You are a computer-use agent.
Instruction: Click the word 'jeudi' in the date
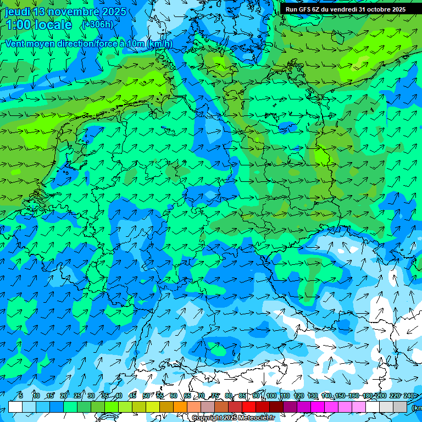[x=18, y=12]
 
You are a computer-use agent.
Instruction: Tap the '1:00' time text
[x=19, y=25]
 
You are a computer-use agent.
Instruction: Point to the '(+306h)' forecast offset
[x=98, y=25]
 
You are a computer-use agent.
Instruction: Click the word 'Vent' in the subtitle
[x=15, y=43]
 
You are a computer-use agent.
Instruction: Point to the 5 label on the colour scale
[x=21, y=396]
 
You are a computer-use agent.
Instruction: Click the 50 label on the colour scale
[x=146, y=396]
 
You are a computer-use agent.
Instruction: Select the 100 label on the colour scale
[x=271, y=396]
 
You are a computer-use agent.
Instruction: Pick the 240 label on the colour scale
[x=409, y=396]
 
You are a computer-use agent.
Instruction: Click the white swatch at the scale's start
[x=15, y=407]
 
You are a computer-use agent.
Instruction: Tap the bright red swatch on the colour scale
[x=249, y=407]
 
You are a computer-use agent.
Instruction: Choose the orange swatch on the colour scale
[x=180, y=407]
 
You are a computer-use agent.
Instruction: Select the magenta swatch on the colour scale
[x=318, y=407]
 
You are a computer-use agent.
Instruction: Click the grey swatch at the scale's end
[x=400, y=407]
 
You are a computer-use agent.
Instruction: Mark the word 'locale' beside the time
[x=53, y=25]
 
